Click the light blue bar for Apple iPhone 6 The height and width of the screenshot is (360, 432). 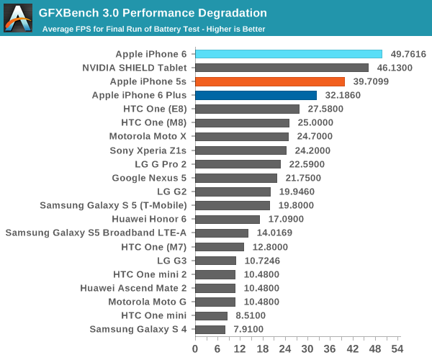tap(288, 54)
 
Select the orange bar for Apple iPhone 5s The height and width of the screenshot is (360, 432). tap(270, 81)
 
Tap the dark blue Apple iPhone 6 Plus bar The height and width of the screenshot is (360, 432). tap(256, 95)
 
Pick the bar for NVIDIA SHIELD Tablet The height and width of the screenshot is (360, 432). tap(282, 68)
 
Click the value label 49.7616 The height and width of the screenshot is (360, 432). tap(408, 54)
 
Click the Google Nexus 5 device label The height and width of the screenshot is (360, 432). tap(149, 178)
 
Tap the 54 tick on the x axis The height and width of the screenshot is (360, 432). tap(396, 348)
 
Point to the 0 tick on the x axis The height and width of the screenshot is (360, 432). tap(195, 348)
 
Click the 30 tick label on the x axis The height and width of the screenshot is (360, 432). tap(307, 348)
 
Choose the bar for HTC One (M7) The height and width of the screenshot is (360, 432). tap(220, 246)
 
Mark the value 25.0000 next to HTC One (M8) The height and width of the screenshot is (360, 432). tap(318, 122)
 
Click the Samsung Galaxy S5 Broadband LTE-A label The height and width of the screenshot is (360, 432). tap(96, 233)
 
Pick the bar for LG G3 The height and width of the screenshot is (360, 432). tap(215, 260)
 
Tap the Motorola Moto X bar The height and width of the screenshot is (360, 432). tap(242, 136)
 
